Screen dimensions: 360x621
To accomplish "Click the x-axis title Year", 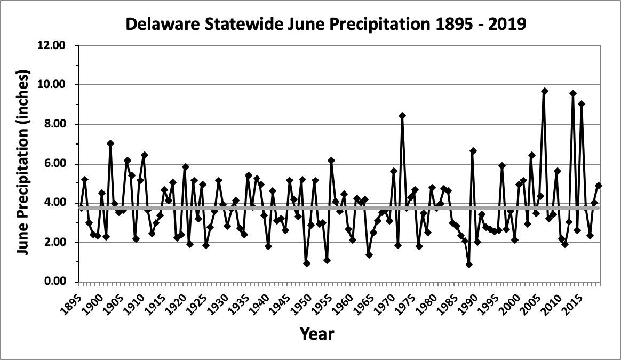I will tap(317, 334).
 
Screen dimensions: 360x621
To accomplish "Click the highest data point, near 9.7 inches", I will tap(544, 91).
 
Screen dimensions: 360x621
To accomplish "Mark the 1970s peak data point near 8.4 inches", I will tap(402, 115).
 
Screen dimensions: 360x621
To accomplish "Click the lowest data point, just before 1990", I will tap(469, 265).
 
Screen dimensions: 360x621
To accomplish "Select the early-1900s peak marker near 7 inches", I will tap(110, 143).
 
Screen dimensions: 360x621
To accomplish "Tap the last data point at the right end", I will tap(599, 186).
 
